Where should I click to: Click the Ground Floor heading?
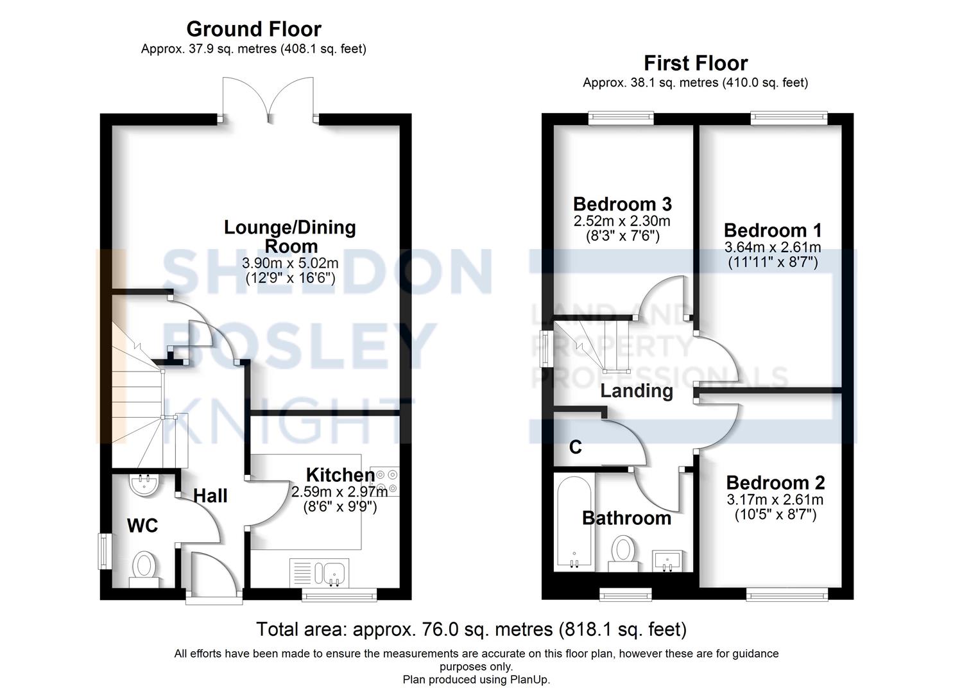(253, 30)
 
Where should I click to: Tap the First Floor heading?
(696, 64)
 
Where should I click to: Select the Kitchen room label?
(340, 475)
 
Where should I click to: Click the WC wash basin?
(144, 484)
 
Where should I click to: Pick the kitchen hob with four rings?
(384, 481)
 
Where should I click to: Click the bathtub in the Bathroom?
(574, 521)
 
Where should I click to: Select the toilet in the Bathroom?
(623, 554)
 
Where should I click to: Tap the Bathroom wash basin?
(668, 561)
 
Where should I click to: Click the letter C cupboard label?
(575, 447)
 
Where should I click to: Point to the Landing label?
(637, 391)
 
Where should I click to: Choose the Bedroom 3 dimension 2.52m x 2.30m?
(622, 221)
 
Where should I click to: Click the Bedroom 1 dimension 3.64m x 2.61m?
(773, 247)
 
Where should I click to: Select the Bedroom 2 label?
(775, 483)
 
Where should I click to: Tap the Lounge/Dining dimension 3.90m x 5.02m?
(290, 263)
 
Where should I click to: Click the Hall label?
(210, 495)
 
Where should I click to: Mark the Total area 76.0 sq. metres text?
(472, 629)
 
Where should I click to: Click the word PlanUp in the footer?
(529, 680)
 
